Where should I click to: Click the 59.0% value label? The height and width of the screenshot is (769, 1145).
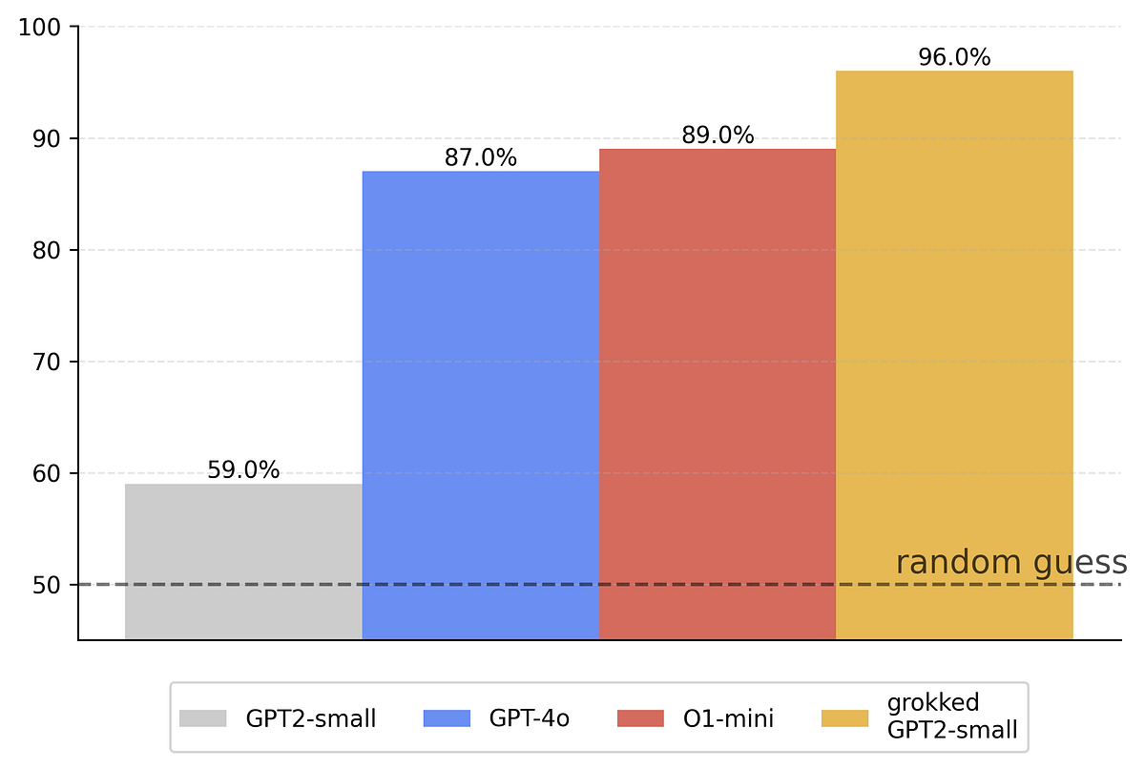(243, 470)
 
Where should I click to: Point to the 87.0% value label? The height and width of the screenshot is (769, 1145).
(480, 157)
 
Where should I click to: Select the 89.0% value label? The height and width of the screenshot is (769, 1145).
(718, 135)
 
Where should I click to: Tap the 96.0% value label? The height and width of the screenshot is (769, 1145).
(954, 57)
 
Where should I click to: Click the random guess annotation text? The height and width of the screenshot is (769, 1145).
(1011, 563)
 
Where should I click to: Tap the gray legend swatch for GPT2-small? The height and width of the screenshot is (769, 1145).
(203, 718)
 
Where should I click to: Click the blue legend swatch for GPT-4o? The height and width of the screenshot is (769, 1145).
(447, 718)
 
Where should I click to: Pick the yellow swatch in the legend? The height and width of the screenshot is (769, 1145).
(844, 718)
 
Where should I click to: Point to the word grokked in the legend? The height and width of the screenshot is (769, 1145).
(933, 704)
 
